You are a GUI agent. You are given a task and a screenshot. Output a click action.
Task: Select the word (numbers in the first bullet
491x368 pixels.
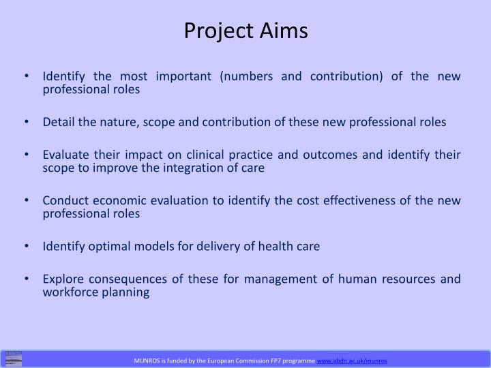click(x=245, y=76)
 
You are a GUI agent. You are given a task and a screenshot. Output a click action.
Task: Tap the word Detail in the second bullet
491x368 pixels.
click(x=58, y=122)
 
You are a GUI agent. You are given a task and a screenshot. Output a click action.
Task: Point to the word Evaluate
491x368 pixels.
click(x=64, y=154)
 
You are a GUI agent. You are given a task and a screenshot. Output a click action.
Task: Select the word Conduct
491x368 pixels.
click(x=65, y=200)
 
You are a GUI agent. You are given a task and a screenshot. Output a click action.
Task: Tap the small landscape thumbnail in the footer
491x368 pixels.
click(x=14, y=358)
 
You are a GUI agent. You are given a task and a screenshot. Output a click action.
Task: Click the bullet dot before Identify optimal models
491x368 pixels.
click(x=26, y=246)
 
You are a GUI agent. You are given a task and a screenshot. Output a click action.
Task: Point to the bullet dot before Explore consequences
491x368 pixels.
click(x=26, y=279)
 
